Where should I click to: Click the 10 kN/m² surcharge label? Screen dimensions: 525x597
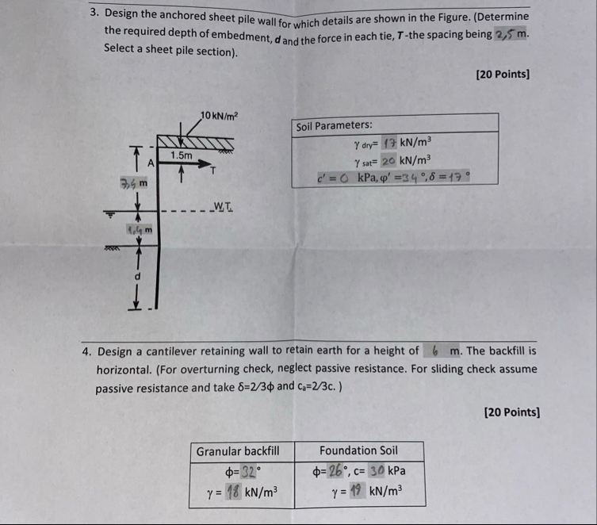pyautogui.click(x=219, y=116)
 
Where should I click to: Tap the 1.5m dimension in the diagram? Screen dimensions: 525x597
pyautogui.click(x=182, y=155)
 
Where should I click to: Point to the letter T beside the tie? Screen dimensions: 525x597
pyautogui.click(x=212, y=169)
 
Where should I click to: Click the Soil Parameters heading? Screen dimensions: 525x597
pyautogui.click(x=334, y=126)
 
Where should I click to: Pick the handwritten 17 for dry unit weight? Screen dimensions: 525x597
pyautogui.click(x=388, y=144)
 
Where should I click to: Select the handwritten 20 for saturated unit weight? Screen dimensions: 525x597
pyautogui.click(x=388, y=160)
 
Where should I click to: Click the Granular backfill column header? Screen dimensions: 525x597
pyautogui.click(x=238, y=450)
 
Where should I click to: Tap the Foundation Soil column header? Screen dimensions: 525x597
pyautogui.click(x=358, y=450)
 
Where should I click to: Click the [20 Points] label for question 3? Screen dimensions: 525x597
pyautogui.click(x=502, y=74)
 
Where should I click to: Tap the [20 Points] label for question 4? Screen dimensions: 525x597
pyautogui.click(x=511, y=412)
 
